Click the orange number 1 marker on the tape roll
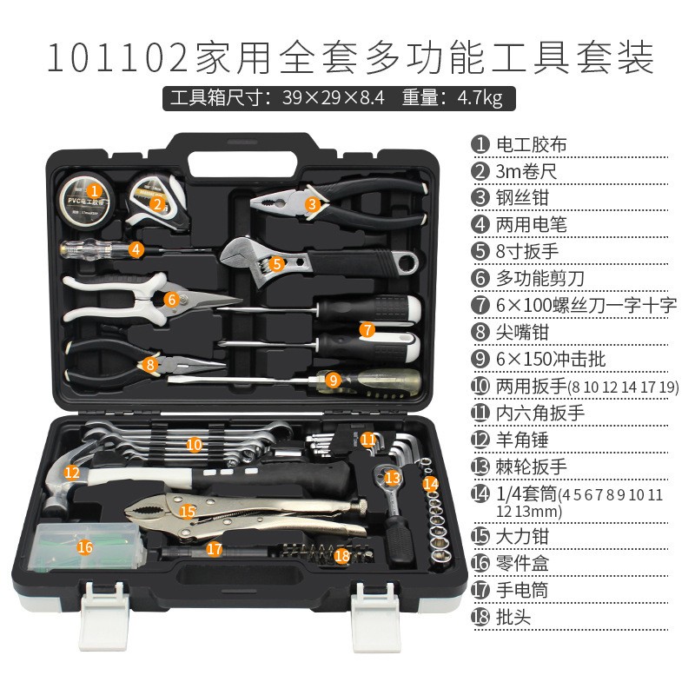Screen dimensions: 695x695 click(x=95, y=188)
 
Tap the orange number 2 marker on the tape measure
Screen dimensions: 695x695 click(x=157, y=205)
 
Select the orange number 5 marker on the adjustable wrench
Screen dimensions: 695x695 click(x=276, y=261)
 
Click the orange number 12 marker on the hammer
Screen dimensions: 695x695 click(x=72, y=473)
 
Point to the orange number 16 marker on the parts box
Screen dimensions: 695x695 click(x=84, y=546)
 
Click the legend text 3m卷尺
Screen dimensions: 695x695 click(x=526, y=171)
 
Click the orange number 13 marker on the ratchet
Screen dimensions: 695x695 click(x=393, y=477)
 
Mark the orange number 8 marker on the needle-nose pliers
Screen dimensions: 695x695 click(x=150, y=365)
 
